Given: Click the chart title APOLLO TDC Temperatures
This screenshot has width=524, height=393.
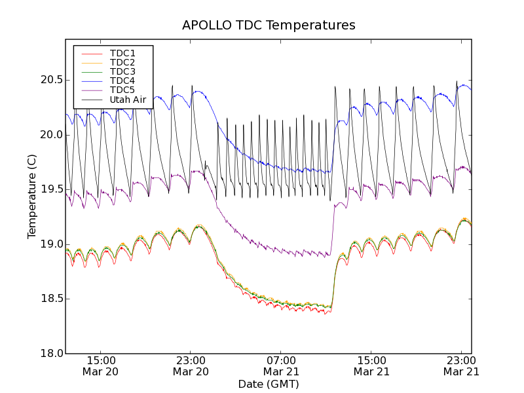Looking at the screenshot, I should coord(269,26).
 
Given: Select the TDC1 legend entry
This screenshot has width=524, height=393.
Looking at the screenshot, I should coord(122,53).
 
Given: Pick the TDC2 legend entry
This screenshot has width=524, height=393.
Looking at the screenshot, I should coord(122,62).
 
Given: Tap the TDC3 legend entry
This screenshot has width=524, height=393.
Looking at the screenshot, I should coord(122,71).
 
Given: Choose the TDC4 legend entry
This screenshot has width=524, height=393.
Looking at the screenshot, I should coord(122,81).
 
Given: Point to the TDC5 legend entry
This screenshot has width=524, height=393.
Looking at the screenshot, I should coord(122,90).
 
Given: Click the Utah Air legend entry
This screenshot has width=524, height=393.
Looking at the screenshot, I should coord(128,100).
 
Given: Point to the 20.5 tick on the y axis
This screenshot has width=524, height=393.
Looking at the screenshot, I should coord(50,80).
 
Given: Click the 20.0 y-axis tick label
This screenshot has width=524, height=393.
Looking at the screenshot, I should coord(50,135).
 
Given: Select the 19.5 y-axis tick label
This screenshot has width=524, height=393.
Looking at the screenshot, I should coord(50,189).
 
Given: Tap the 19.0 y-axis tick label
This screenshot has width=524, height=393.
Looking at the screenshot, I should coord(50,244).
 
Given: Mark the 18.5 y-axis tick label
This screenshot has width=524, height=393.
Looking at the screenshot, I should coord(50,299).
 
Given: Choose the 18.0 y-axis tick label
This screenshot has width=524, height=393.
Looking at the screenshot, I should coord(50,354).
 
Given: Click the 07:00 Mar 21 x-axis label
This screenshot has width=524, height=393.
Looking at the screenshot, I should coord(281,365).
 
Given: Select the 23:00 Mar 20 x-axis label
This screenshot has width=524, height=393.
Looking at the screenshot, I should coord(191,365).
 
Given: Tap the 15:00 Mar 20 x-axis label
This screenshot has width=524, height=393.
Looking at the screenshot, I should coord(101,365).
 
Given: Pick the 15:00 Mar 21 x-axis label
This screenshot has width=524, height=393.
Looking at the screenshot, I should coord(371,365).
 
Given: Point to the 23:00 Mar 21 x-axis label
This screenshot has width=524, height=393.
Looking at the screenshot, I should coord(461,365).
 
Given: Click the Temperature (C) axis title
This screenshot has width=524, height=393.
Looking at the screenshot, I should coord(32,196).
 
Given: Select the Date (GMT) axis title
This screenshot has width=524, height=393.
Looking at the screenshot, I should coord(269,384).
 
